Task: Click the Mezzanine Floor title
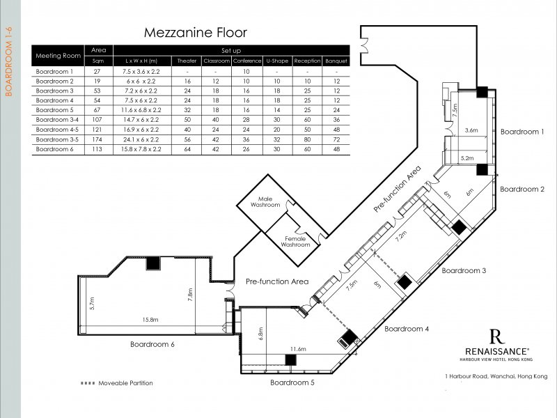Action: click(196, 33)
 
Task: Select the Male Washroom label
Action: click(265, 202)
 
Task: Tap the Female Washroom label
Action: click(295, 242)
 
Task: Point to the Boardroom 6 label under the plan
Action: click(152, 344)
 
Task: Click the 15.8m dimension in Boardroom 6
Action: click(150, 320)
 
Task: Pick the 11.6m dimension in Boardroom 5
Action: click(298, 349)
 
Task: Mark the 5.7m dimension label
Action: click(92, 303)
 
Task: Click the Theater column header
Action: click(187, 61)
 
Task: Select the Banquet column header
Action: click(336, 61)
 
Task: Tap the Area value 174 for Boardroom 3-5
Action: click(97, 139)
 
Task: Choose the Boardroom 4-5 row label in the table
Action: click(57, 130)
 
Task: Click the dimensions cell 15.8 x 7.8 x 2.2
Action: click(141, 149)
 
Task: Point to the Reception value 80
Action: click(307, 139)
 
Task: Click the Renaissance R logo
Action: click(497, 336)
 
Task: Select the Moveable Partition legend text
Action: click(125, 383)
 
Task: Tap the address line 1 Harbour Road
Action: click(496, 376)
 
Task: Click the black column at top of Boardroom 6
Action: click(153, 263)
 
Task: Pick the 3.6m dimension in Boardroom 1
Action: click(471, 130)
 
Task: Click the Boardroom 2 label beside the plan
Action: click(522, 189)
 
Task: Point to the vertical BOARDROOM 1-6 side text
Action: click(9, 61)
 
